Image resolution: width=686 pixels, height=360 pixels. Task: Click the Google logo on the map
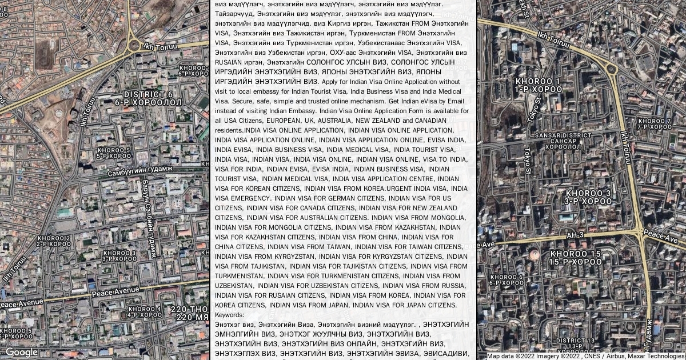coord(22,352)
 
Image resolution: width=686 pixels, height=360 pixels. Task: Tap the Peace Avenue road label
coord(115,293)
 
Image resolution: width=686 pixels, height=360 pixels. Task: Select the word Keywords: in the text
coord(230,315)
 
